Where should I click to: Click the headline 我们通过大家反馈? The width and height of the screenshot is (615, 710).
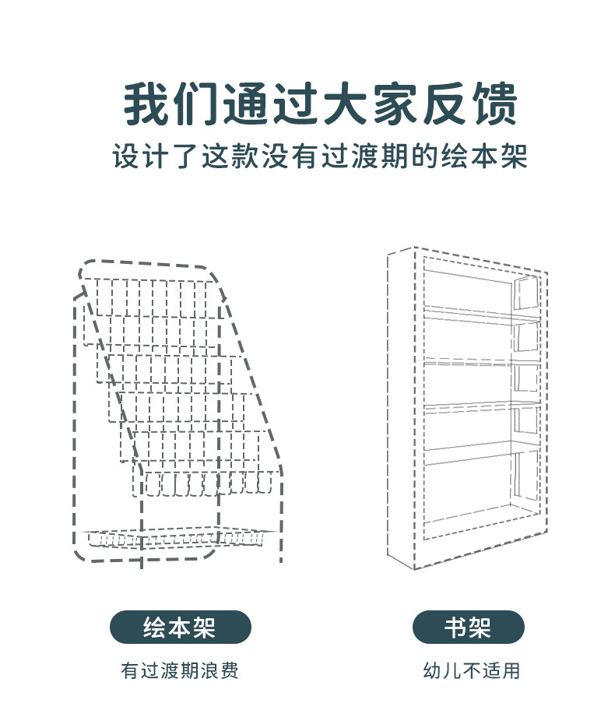tap(320, 104)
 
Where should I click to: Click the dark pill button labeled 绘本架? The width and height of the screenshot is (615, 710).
tap(180, 627)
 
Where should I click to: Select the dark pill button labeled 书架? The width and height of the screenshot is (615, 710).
tap(468, 627)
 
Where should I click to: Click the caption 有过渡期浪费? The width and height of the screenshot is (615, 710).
tap(180, 670)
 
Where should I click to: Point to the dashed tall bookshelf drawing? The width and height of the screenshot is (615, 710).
tap(467, 409)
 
